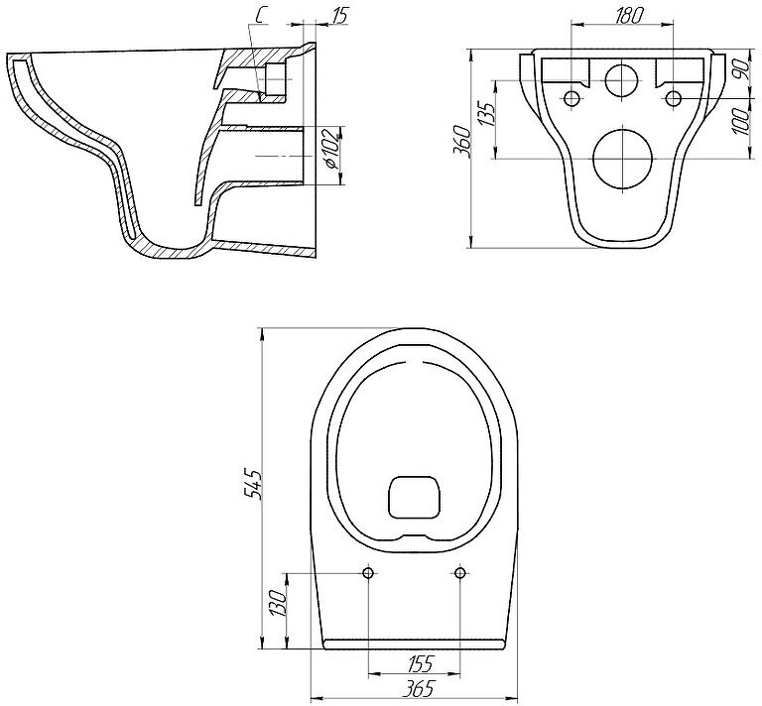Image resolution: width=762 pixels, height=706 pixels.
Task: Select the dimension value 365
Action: tap(421, 687)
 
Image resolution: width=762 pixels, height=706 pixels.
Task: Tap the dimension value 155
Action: tap(420, 663)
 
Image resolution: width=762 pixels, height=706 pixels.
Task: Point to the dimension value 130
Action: tap(279, 603)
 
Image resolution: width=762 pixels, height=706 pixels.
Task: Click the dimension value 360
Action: tap(462, 142)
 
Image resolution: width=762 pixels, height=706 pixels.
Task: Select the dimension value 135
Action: tap(486, 113)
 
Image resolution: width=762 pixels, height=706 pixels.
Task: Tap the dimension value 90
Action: tap(742, 68)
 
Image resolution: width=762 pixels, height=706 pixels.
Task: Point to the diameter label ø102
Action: tap(332, 148)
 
